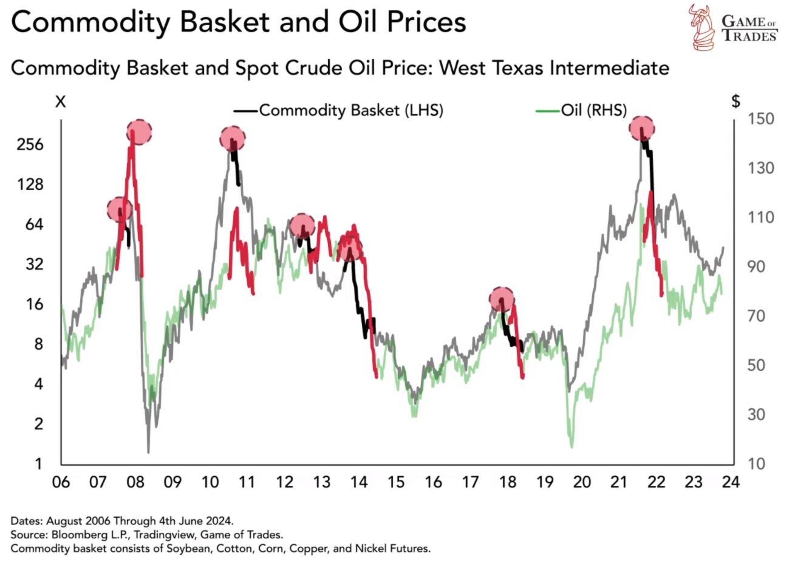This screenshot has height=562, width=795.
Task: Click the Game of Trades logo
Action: tap(733, 28)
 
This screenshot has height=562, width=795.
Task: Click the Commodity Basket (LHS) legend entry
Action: tap(338, 110)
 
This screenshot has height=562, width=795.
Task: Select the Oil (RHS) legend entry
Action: tap(581, 110)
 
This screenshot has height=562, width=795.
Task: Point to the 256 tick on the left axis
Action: tap(30, 144)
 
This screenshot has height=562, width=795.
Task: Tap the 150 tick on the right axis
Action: tap(761, 119)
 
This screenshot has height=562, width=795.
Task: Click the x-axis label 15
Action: tap(396, 482)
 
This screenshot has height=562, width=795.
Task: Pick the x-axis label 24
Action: tap(731, 482)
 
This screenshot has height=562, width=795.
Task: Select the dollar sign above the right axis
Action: tap(736, 101)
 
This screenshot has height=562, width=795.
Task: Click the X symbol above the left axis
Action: tap(61, 102)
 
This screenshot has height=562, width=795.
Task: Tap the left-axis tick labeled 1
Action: tap(38, 464)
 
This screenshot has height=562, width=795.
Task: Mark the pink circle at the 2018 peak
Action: tap(502, 300)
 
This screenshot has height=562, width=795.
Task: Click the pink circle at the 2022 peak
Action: tap(642, 129)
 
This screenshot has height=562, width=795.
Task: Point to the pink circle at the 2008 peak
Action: tap(140, 132)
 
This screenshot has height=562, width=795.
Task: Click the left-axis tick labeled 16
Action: tap(35, 304)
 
